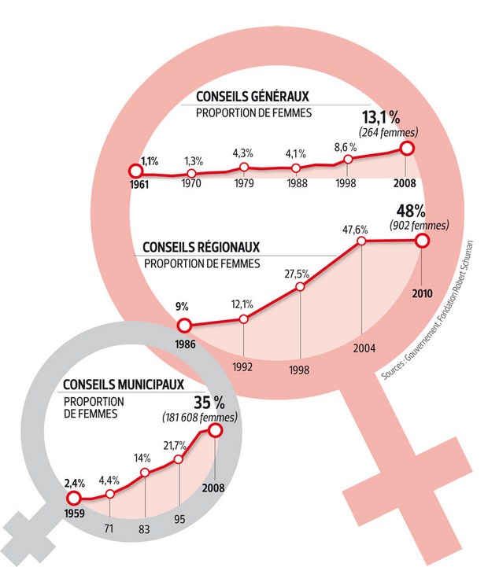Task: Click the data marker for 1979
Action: pos(244,168)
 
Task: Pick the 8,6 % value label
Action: pos(346,146)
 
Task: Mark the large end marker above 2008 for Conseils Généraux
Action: pos(407,149)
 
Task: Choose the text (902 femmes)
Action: pos(418,226)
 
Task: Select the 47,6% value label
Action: pos(361,229)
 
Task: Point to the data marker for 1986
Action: pos(184,326)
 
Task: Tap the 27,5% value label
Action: pos(298,273)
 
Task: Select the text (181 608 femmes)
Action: pos(202,416)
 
